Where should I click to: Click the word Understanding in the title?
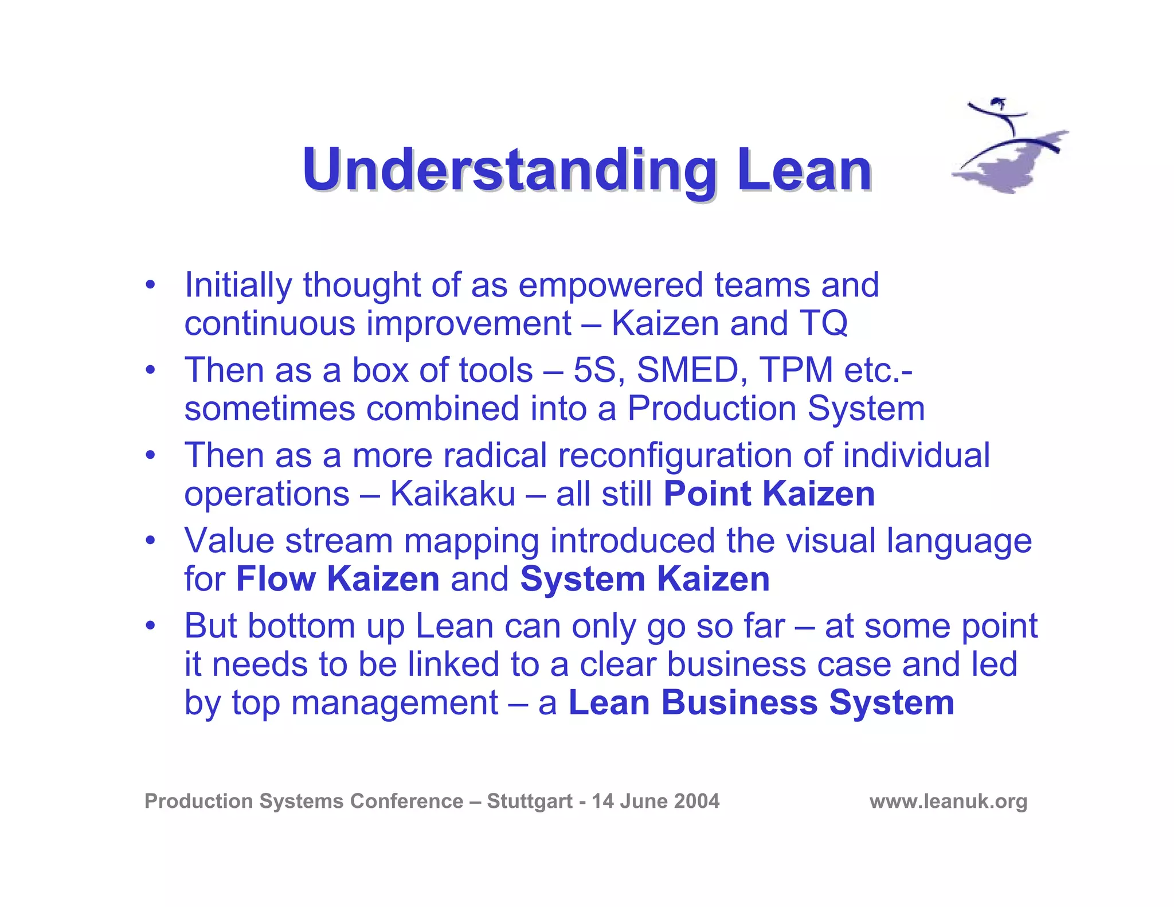pos(509,170)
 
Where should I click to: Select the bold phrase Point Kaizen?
pos(769,494)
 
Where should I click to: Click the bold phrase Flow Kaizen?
pos(338,578)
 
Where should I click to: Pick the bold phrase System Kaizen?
pos(645,578)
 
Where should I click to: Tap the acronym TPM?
pos(796,370)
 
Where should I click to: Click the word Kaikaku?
pos(453,494)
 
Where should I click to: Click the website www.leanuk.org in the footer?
pos(948,801)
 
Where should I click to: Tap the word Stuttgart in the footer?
pos(530,801)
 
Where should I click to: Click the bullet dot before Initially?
pos(150,285)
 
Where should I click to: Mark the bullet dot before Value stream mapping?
pos(150,540)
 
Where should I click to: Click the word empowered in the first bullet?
pos(611,285)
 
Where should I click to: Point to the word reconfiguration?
pos(675,455)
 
